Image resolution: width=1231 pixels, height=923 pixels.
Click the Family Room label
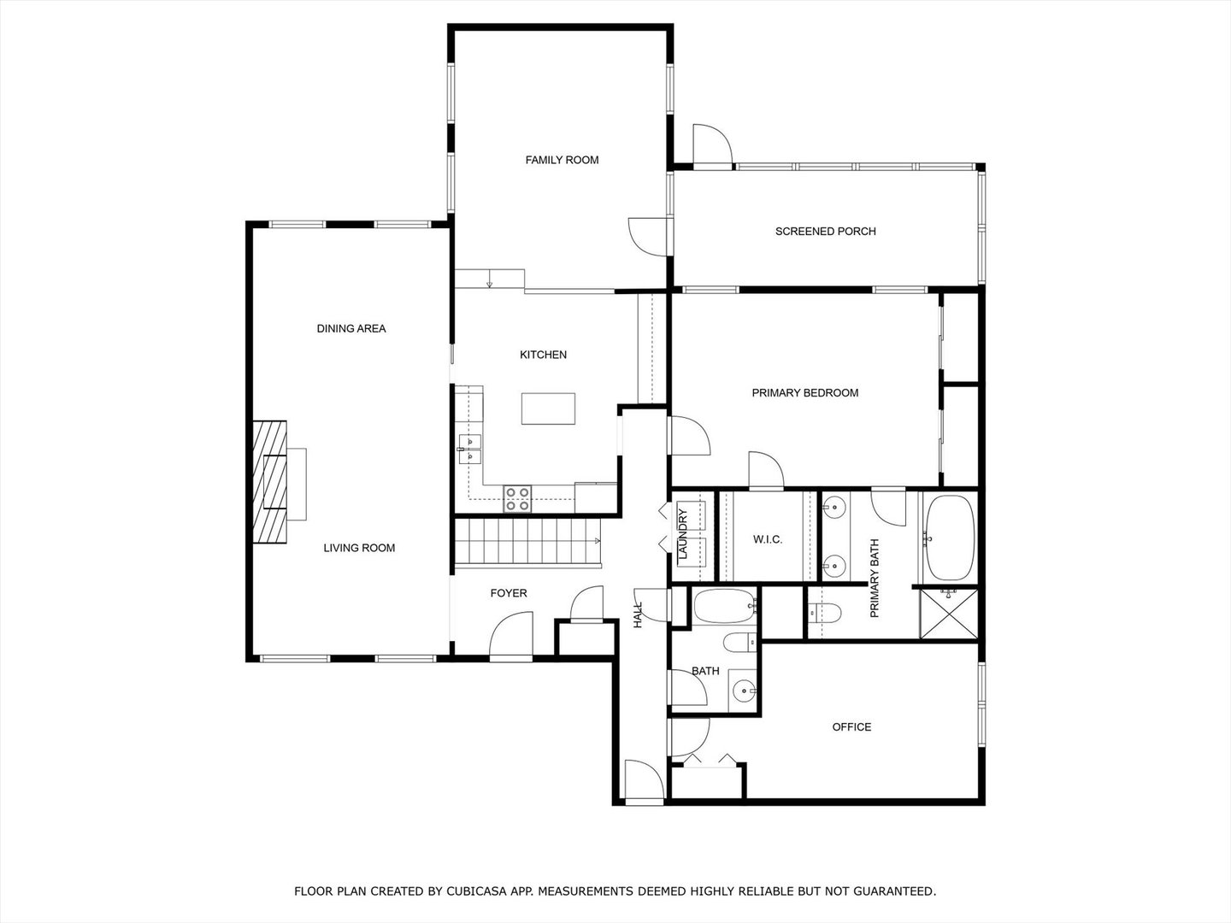click(562, 160)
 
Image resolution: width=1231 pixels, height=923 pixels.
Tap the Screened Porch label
click(825, 232)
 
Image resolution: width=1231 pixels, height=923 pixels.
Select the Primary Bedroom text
click(804, 393)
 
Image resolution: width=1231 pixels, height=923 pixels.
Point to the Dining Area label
click(350, 328)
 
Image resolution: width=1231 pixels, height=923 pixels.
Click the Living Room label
click(359, 548)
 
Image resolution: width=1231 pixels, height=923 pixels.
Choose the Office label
click(851, 727)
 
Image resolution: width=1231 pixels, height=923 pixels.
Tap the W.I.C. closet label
click(767, 539)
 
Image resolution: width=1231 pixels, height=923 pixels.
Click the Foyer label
click(508, 593)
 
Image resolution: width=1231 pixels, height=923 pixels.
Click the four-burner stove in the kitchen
click(516, 498)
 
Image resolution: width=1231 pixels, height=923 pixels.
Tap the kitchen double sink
click(469, 449)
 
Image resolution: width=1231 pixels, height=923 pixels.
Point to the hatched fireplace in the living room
click(270, 483)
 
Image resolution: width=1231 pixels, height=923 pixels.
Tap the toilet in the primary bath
click(824, 612)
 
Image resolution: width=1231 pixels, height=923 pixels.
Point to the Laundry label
click(683, 535)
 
